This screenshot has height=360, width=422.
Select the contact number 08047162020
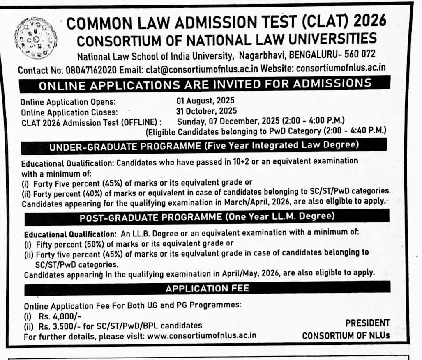coord(91,70)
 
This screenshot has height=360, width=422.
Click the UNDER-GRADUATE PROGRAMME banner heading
coord(204,146)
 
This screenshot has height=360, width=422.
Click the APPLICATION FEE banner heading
coord(207,289)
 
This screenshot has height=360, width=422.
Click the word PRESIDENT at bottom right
coord(367,323)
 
